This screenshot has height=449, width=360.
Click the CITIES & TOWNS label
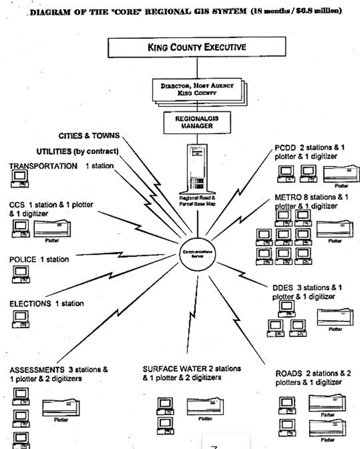(89, 136)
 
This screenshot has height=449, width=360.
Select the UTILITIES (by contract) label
(77, 151)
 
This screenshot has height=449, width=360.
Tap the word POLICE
(23, 259)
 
